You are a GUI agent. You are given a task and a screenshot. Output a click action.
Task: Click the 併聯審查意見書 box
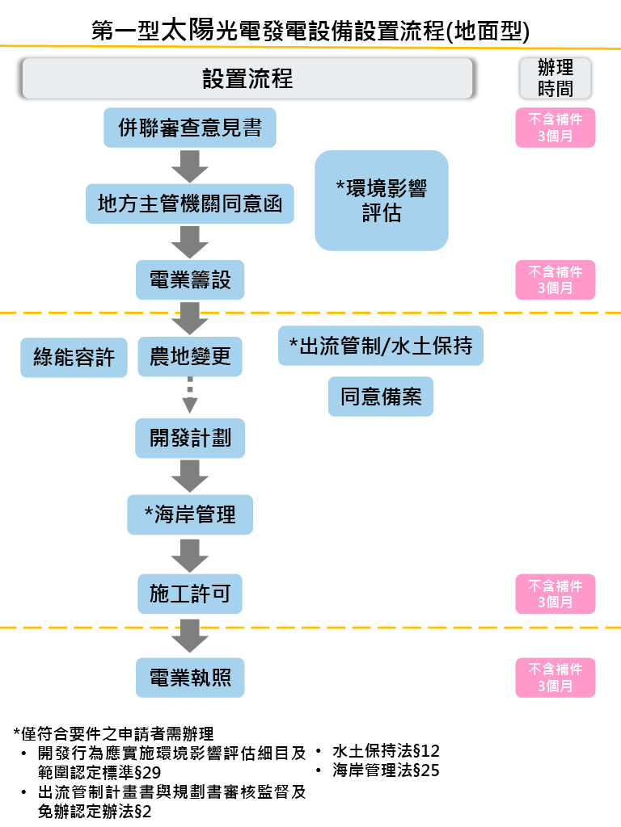click(190, 128)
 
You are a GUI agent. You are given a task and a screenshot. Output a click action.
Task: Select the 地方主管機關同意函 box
click(190, 204)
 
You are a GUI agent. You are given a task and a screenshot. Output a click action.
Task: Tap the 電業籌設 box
click(190, 279)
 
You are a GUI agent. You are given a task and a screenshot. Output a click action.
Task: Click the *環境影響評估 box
click(381, 200)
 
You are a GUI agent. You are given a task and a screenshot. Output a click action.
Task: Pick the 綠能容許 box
click(74, 357)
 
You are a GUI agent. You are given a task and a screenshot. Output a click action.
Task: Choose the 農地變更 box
click(190, 356)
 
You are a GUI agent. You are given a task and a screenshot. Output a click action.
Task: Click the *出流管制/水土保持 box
click(381, 346)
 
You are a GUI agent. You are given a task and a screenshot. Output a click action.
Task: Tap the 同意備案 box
click(381, 397)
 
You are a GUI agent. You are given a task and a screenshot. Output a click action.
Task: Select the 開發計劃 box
click(190, 438)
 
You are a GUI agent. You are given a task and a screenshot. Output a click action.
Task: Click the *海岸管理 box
click(190, 514)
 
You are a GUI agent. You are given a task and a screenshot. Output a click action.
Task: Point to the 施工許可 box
click(190, 594)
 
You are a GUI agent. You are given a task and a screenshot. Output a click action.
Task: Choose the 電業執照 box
click(190, 677)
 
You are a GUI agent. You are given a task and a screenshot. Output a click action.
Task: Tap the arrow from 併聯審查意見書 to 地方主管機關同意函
click(190, 166)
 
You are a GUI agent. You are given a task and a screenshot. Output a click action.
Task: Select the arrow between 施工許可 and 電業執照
click(190, 635)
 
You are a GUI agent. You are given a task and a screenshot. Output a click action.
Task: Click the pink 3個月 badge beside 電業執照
click(556, 678)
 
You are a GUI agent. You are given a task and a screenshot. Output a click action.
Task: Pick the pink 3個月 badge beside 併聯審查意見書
click(556, 128)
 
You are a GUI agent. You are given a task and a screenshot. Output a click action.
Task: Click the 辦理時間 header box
click(556, 78)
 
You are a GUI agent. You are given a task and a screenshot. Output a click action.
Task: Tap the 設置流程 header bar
click(247, 78)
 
